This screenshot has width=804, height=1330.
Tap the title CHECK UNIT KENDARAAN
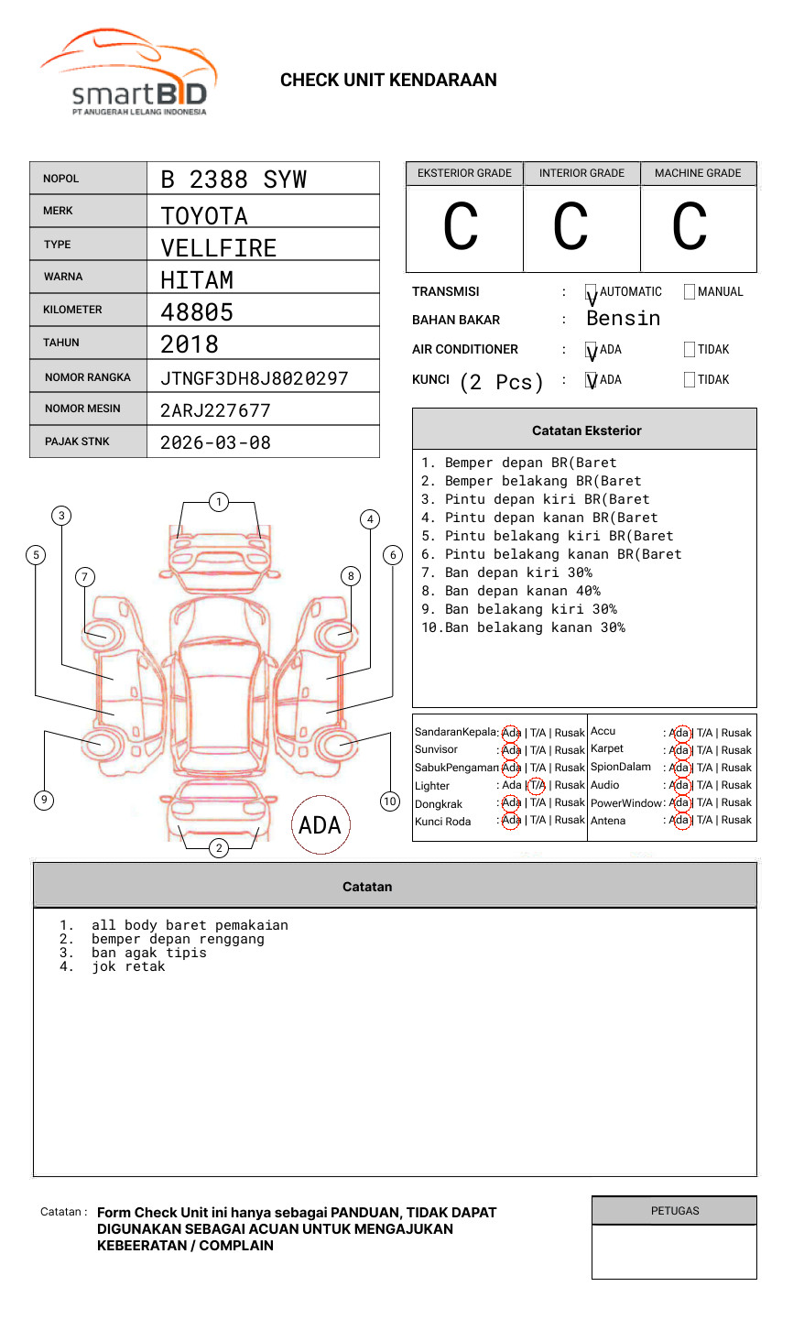[x=388, y=81]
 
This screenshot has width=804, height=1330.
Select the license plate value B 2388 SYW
[x=234, y=180]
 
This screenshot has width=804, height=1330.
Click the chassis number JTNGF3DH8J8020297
[x=254, y=378]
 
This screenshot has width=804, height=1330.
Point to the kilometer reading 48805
[x=197, y=312]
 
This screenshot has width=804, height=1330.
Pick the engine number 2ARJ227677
[x=215, y=410]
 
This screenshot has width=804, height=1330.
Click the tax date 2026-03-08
[x=215, y=443]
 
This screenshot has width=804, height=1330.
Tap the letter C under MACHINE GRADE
[x=690, y=227]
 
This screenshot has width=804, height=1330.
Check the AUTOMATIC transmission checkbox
[x=591, y=292]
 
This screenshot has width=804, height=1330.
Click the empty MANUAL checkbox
[x=690, y=292]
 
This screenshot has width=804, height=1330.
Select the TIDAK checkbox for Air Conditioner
[x=690, y=350]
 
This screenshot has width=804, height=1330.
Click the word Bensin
[x=623, y=319]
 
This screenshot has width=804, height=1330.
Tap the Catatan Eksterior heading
[x=586, y=431]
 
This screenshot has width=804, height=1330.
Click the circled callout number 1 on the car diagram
[x=218, y=502]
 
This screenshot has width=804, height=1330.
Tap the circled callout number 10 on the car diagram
[x=390, y=801]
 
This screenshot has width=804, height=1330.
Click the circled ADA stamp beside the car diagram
[x=321, y=825]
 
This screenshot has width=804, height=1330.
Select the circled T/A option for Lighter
[x=537, y=785]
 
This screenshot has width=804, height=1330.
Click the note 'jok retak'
[x=128, y=967]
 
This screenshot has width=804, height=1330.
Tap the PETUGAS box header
[x=675, y=1211]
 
